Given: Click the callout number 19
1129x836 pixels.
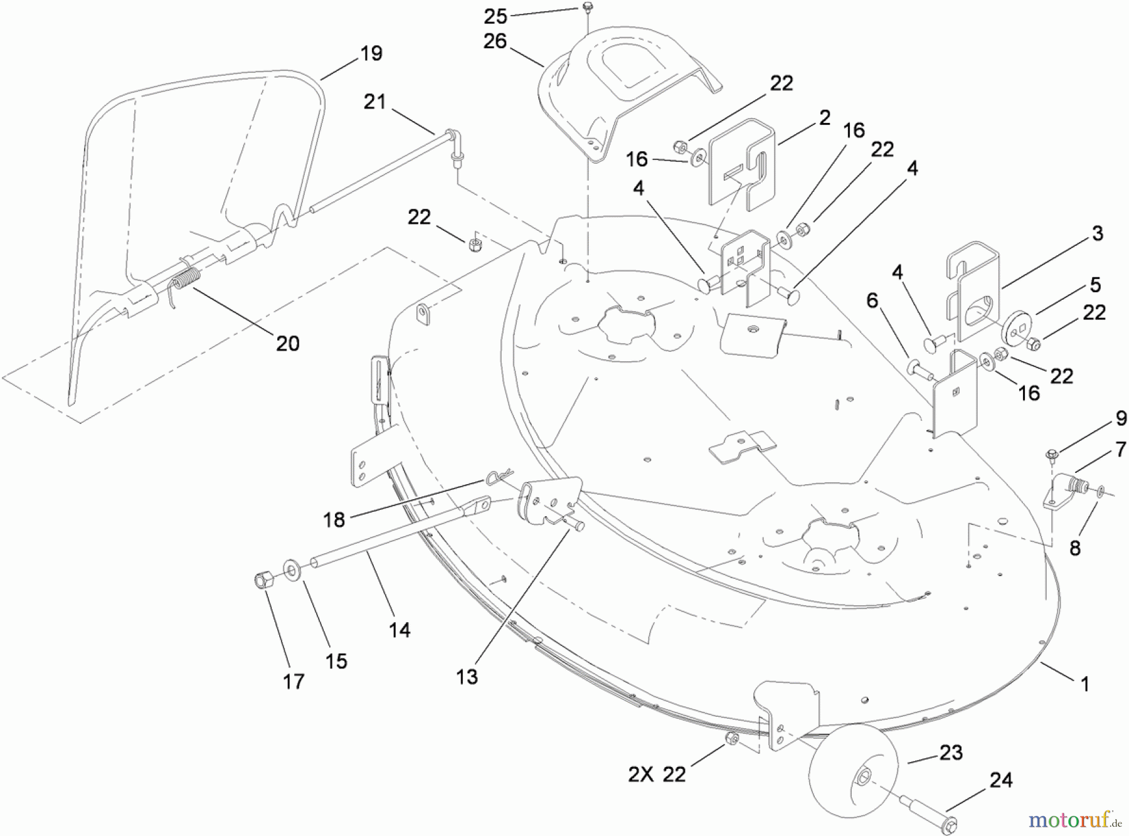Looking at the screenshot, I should pos(371,53).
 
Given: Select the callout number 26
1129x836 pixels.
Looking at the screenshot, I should pos(495,41).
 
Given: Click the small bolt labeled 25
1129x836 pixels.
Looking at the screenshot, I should pos(588,7).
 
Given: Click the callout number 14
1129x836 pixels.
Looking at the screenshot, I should pos(400,630).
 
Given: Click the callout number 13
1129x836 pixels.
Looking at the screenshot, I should pos(467,677).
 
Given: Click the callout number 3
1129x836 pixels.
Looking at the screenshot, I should pos(1097,234).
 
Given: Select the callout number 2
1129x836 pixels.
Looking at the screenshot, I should pos(825,117).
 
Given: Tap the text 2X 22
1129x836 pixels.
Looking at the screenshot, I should pos(657,775).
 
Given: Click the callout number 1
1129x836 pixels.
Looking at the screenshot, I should pos(1085,684).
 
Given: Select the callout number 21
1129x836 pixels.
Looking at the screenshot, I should pos(374,102).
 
